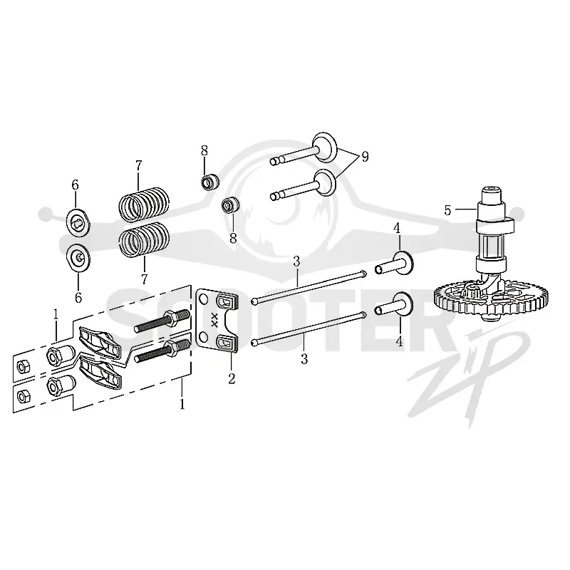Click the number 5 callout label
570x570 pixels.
click(447, 210)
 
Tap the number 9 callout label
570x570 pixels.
click(365, 156)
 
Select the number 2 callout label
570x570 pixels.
click(232, 378)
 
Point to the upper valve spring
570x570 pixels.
click(145, 204)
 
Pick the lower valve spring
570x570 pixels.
click(145, 239)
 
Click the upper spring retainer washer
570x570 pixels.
click(78, 222)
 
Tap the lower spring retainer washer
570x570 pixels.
click(78, 257)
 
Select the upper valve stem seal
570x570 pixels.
click(210, 182)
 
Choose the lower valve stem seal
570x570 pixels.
click(230, 206)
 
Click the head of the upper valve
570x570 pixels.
click(325, 147)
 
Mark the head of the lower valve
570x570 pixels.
click(325, 183)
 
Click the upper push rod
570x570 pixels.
click(309, 287)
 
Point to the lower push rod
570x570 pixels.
click(309, 328)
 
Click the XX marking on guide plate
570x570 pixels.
click(214, 320)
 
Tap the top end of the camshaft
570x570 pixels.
click(492, 190)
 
